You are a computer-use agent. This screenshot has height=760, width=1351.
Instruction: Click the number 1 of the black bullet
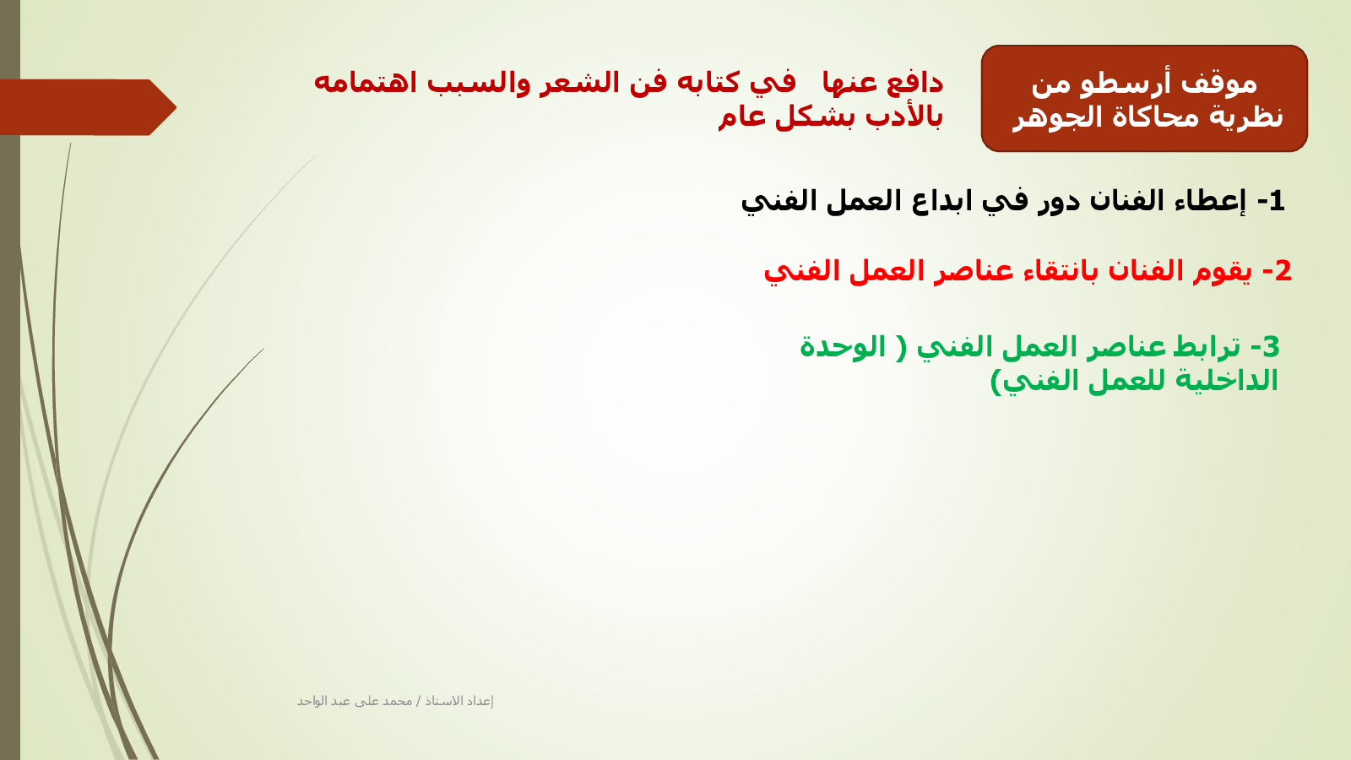[1276, 201]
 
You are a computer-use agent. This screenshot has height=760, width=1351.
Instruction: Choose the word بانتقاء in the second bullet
[1066, 271]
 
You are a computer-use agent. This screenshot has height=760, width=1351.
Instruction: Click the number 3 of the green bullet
[1271, 347]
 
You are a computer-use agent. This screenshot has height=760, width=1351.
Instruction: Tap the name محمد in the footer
[397, 701]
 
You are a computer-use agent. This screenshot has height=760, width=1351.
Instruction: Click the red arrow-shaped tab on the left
[88, 107]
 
